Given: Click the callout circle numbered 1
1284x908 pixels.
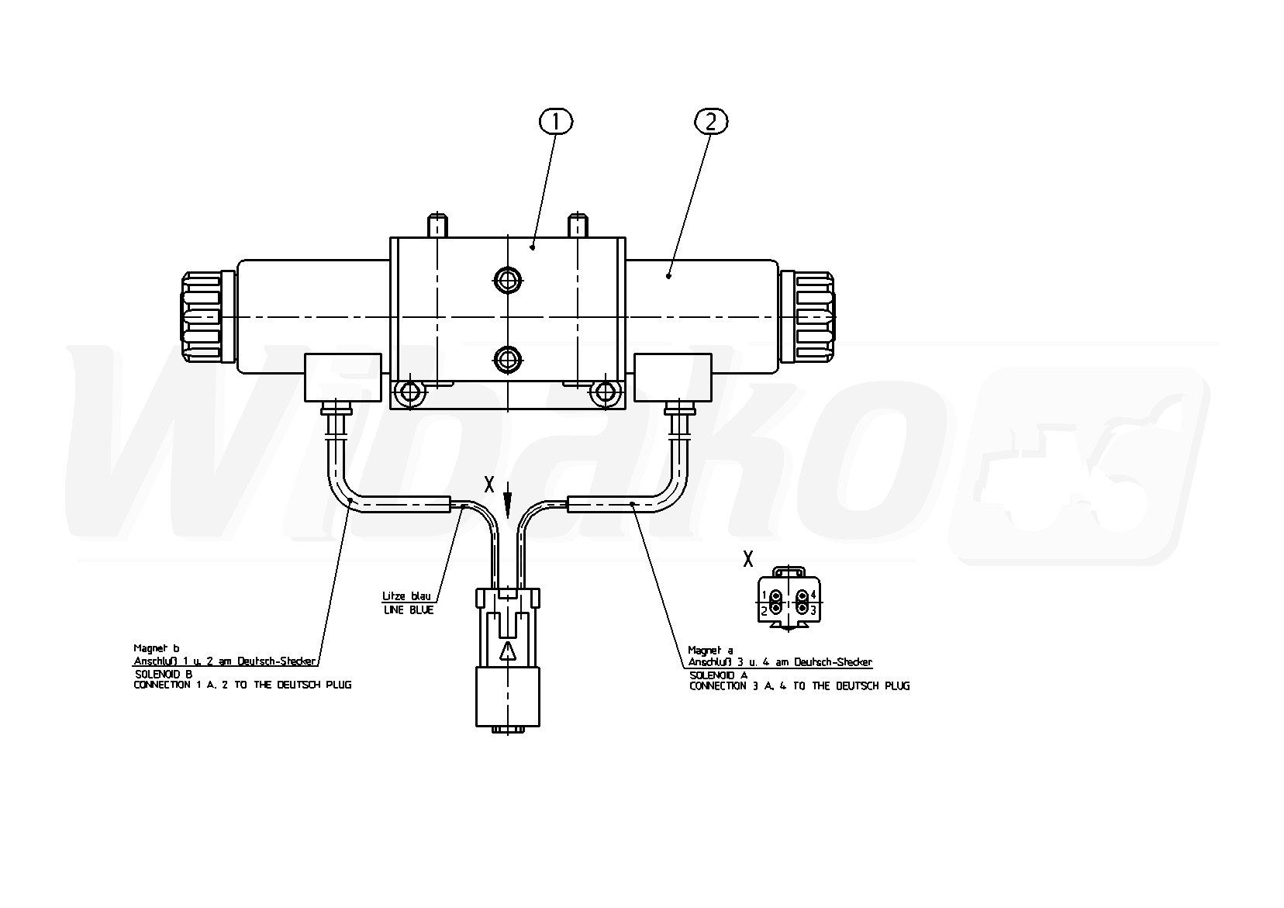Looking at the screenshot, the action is click(x=555, y=122).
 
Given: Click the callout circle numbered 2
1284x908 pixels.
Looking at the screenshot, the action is click(x=711, y=122).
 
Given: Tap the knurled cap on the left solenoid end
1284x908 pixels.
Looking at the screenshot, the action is click(x=201, y=317).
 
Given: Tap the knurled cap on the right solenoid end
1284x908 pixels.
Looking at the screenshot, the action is click(x=815, y=317).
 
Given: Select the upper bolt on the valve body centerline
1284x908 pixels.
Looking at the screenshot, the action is click(x=507, y=281).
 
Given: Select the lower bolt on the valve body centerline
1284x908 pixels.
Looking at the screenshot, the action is click(x=507, y=360).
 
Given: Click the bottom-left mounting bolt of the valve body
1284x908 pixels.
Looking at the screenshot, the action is click(x=409, y=393).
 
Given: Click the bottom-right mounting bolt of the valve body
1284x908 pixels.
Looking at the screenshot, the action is click(x=605, y=393).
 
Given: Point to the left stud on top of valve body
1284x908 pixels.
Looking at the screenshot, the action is click(x=437, y=226).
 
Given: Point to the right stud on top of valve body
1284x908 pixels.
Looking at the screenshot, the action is click(x=577, y=226).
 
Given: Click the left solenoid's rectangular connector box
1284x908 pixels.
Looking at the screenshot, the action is click(x=343, y=378).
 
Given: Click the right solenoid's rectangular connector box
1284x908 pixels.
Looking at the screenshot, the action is click(x=673, y=378).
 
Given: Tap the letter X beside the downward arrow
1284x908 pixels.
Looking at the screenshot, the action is click(x=489, y=485).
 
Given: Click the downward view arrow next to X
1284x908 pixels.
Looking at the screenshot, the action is click(x=507, y=500).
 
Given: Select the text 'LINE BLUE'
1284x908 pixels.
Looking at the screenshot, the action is click(x=408, y=610).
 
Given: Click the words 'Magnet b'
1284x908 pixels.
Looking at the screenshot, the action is click(x=157, y=648).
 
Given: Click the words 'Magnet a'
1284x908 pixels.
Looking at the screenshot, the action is click(x=710, y=651).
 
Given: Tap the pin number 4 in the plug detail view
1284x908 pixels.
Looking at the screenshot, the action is click(x=813, y=595).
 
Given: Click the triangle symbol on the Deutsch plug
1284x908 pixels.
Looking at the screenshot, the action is click(x=508, y=652).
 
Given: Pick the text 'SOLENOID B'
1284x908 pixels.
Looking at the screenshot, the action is click(x=164, y=674).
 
